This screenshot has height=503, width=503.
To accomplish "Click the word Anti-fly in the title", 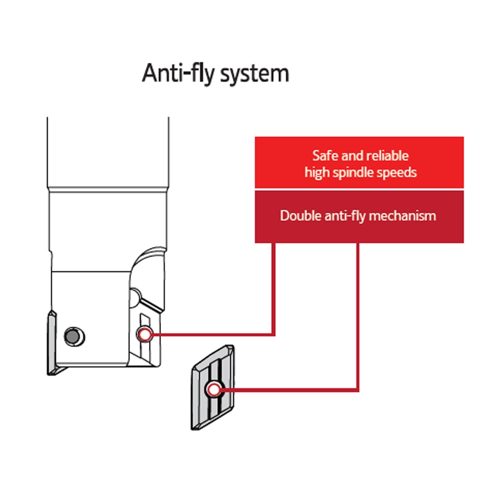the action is click(x=178, y=73).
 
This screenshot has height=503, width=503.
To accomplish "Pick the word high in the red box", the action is click(x=317, y=173).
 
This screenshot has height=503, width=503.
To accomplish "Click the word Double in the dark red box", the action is click(x=301, y=216).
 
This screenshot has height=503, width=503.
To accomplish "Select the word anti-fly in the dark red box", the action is click(x=345, y=216).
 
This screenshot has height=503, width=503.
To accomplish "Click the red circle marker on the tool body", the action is click(x=145, y=334).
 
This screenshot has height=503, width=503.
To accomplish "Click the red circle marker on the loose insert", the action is click(x=214, y=390).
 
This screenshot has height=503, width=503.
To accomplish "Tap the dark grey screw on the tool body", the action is click(x=73, y=337).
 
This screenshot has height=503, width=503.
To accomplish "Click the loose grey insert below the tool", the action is click(x=213, y=387).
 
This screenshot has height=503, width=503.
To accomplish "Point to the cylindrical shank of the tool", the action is click(x=108, y=152).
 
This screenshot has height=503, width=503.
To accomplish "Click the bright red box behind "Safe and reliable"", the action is click(x=359, y=162).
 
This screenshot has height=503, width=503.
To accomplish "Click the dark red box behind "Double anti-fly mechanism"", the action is click(x=359, y=217).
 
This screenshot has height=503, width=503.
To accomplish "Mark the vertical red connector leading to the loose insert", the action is click(x=358, y=316).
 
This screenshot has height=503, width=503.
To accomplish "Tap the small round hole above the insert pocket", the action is click(x=135, y=297).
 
